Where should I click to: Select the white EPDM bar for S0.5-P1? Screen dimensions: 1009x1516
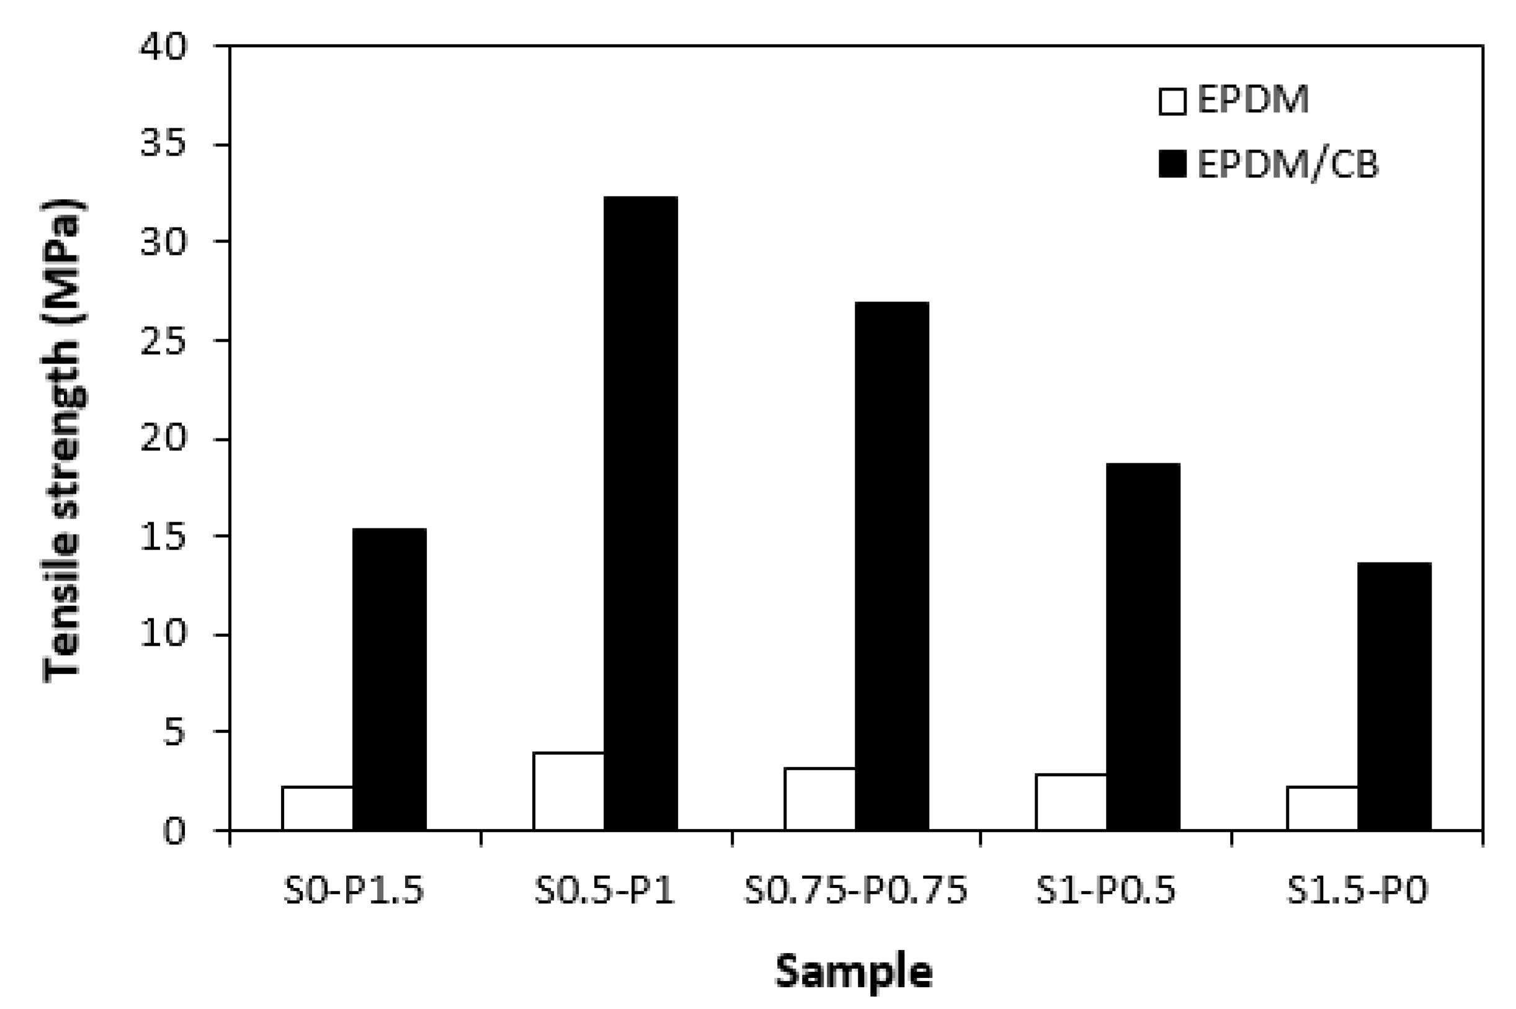pyautogui.click(x=569, y=791)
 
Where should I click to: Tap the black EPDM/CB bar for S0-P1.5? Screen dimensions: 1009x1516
pyautogui.click(x=390, y=679)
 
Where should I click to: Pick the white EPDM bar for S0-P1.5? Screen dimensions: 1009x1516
pyautogui.click(x=317, y=808)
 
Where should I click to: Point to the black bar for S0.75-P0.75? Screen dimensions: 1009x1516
pyautogui.click(x=892, y=566)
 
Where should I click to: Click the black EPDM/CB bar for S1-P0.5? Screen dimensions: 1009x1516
pyautogui.click(x=1143, y=646)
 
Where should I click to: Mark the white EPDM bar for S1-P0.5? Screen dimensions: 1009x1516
pyautogui.click(x=1071, y=802)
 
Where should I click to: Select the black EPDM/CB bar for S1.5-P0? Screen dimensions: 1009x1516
pyautogui.click(x=1394, y=696)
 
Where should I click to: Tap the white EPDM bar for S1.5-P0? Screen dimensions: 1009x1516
pyautogui.click(x=1322, y=808)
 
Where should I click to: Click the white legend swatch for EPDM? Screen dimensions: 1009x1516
pyautogui.click(x=1172, y=102)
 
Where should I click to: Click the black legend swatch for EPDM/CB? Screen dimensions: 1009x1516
pyautogui.click(x=1172, y=164)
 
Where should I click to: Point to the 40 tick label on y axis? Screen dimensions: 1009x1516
pyautogui.click(x=163, y=48)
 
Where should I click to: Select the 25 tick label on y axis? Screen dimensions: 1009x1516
pyautogui.click(x=163, y=342)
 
